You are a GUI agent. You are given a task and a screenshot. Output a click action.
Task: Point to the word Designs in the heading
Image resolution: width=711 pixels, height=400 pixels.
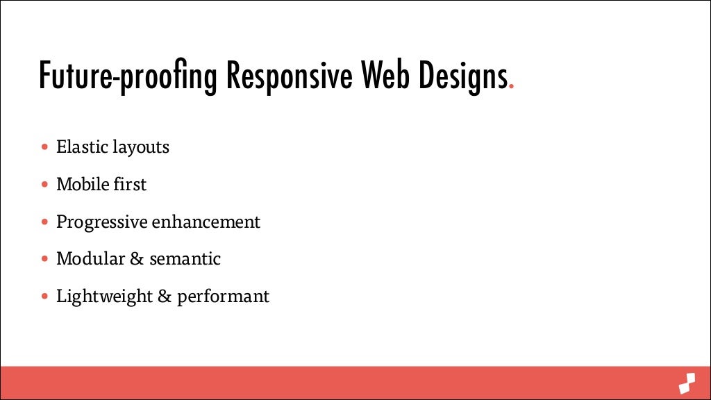click(x=461, y=77)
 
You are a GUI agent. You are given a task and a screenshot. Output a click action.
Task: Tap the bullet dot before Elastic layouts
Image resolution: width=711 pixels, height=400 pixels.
click(x=45, y=147)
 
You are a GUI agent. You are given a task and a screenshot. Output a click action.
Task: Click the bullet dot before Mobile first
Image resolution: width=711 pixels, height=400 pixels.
click(x=45, y=185)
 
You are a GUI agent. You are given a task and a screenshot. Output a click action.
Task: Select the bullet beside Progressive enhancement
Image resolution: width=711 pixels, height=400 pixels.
click(x=45, y=222)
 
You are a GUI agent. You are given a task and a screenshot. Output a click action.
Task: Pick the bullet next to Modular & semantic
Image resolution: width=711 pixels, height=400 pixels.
click(x=45, y=259)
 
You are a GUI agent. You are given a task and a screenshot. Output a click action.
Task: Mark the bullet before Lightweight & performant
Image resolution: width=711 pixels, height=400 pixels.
click(x=45, y=297)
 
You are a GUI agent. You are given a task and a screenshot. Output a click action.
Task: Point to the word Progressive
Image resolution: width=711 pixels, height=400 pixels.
click(x=102, y=223)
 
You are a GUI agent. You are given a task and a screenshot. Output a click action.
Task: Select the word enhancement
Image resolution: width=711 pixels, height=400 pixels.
click(x=206, y=222)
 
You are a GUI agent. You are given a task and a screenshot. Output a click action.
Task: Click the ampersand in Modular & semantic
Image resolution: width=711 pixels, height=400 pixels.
click(x=137, y=259)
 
